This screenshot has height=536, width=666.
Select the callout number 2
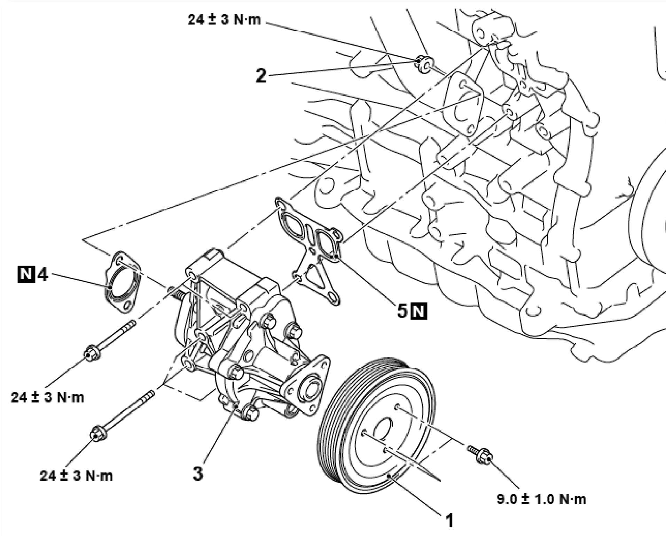click(x=261, y=76)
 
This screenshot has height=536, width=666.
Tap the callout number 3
click(x=198, y=474)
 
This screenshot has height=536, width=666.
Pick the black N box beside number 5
click(x=419, y=311)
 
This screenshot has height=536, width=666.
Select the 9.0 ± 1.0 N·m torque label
click(x=541, y=499)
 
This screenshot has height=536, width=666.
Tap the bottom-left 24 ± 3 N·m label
click(x=76, y=476)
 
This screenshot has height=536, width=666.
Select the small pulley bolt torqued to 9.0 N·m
click(x=481, y=455)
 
